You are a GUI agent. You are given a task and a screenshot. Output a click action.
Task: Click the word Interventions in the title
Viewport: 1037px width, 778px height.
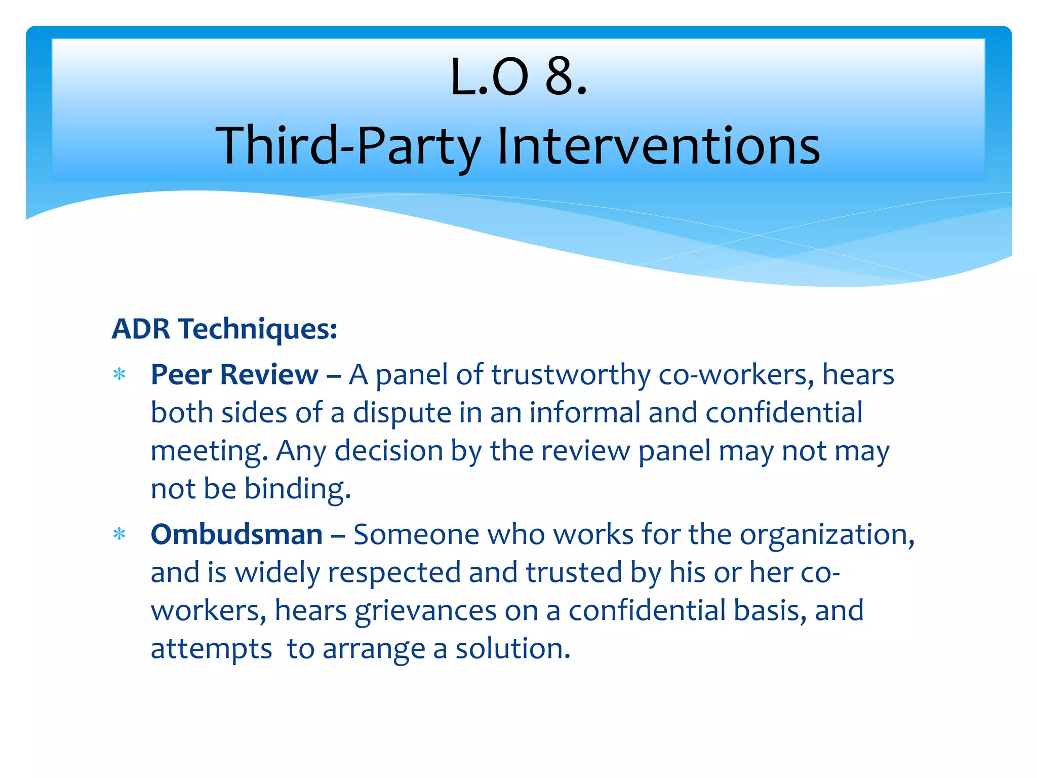(658, 146)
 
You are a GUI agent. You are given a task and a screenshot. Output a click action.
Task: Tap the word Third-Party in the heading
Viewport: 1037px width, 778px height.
(348, 146)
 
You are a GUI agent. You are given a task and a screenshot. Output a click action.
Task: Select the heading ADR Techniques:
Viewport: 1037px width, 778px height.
(224, 329)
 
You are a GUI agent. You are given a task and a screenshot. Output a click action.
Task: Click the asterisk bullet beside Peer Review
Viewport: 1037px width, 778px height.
(119, 375)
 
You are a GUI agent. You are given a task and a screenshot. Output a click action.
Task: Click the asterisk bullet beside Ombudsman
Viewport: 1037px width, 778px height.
(119, 535)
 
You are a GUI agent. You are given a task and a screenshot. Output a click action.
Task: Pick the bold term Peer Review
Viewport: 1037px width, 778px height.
(234, 375)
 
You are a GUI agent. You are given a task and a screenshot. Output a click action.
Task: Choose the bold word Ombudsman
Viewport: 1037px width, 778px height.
(236, 534)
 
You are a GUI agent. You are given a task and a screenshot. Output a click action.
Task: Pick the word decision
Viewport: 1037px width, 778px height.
(388, 451)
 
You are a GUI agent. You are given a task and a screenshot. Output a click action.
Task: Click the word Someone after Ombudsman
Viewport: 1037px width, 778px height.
(416, 534)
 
